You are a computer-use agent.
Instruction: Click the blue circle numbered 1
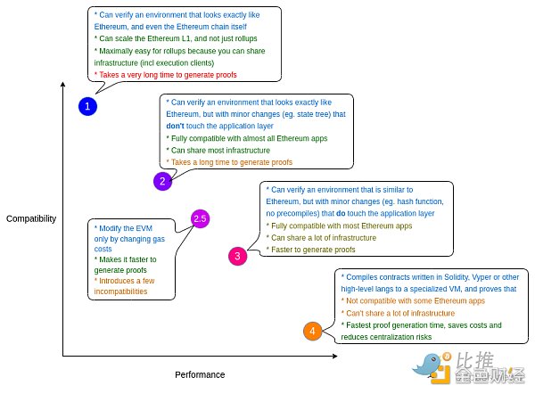click(x=86, y=107)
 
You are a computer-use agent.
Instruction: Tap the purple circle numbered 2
click(x=162, y=181)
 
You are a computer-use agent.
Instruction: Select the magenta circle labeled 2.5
click(x=200, y=218)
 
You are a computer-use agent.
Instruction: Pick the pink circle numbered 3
click(x=237, y=257)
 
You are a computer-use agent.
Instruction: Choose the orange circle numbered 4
click(x=311, y=332)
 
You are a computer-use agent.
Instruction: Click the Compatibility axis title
click(x=31, y=218)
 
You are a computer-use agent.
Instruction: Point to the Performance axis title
click(x=200, y=374)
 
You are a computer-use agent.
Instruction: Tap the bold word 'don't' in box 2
click(x=177, y=127)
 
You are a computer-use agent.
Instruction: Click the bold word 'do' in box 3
click(x=342, y=214)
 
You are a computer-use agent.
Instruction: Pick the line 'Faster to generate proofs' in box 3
click(x=312, y=250)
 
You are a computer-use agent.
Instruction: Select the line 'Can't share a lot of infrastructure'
click(x=401, y=314)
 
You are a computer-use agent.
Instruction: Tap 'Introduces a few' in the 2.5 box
click(x=125, y=281)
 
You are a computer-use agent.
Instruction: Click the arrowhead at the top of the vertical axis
click(x=63, y=85)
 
